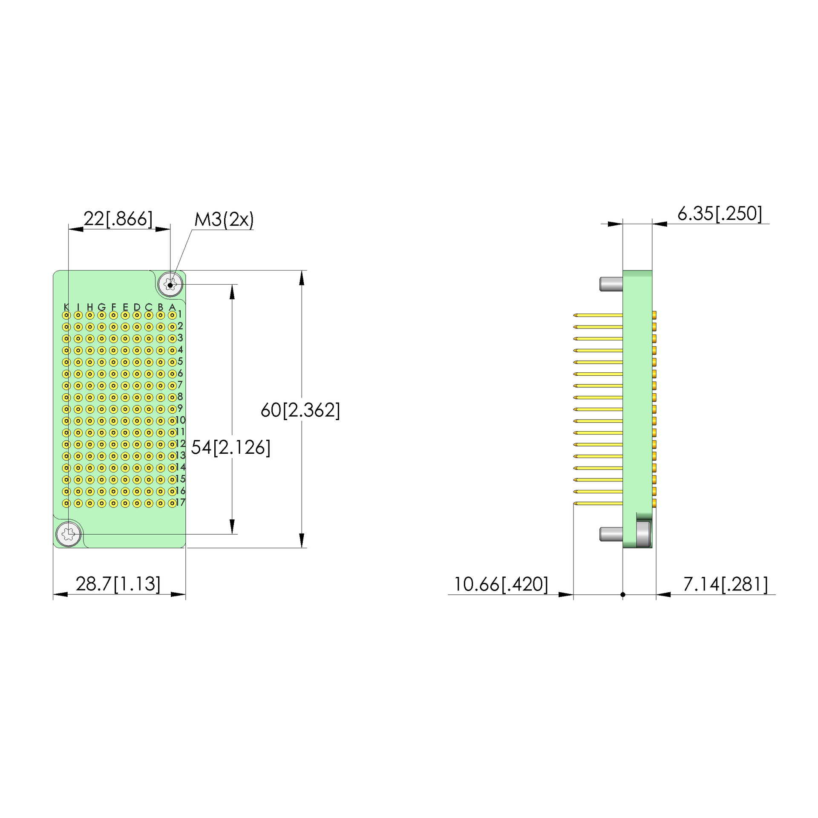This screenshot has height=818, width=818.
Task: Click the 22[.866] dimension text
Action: coord(118,219)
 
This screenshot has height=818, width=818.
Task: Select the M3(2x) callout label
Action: coord(224,220)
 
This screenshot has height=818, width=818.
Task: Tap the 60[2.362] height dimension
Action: coord(300,410)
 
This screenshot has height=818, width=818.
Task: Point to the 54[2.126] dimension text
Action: coord(230,447)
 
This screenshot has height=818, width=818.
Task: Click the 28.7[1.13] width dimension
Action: coord(118,584)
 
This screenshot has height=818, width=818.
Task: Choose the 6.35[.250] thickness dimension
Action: coord(720,213)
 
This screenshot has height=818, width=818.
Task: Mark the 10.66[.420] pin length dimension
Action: coord(501,584)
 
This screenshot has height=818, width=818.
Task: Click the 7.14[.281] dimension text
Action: coord(726,584)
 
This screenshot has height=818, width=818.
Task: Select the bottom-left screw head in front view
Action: coord(69,534)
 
